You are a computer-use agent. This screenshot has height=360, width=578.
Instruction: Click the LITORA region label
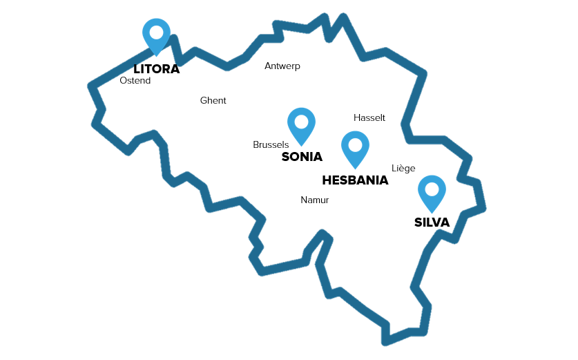[x=156, y=69]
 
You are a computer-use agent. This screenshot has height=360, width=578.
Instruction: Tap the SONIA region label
[x=302, y=157]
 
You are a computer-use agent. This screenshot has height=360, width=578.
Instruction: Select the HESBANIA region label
[x=355, y=180]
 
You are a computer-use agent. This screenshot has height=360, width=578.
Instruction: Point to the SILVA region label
[x=432, y=222]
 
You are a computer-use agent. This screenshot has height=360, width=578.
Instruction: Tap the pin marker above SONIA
[x=301, y=125]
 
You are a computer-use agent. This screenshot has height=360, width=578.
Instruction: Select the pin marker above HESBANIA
[x=355, y=149]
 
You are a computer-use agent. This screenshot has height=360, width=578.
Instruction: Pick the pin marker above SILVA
[x=432, y=192]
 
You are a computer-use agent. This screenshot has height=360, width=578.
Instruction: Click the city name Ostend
[x=135, y=81]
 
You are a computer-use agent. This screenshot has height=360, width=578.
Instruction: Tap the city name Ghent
[x=213, y=101]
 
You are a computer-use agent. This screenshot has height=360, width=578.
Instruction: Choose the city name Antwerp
[x=282, y=66]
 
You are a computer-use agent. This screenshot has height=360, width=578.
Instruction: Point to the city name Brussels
[x=271, y=145]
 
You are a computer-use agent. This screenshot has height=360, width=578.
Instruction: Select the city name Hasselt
[x=369, y=118]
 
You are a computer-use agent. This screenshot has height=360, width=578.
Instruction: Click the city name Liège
[x=403, y=169]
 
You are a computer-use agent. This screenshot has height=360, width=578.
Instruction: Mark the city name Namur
[x=314, y=200]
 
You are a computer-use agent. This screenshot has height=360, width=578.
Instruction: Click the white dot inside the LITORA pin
[x=156, y=32]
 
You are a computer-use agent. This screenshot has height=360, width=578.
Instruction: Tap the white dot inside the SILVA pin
[x=432, y=189]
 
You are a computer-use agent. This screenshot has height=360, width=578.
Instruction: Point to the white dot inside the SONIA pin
[x=301, y=121]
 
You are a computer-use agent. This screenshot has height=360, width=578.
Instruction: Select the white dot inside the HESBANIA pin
[x=355, y=144]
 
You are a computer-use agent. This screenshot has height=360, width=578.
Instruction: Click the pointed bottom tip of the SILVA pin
[x=432, y=211]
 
